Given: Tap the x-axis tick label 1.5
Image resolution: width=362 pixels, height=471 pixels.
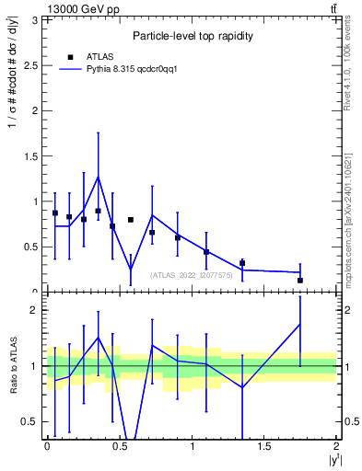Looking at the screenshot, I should pos(264,446).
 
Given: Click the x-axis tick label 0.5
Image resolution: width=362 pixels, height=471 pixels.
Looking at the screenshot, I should pos(119,446).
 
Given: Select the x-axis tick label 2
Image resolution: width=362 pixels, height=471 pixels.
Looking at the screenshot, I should pos(337,446).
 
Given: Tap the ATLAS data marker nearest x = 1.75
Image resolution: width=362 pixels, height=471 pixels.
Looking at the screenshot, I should pos(300,280).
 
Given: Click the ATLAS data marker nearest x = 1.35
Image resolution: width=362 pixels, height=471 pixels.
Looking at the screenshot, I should pos(242,263).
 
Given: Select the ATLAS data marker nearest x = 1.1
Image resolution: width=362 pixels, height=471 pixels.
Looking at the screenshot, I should pos(206,252).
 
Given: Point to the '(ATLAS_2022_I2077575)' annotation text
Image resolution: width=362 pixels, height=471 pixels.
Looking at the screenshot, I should pos(193,274).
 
